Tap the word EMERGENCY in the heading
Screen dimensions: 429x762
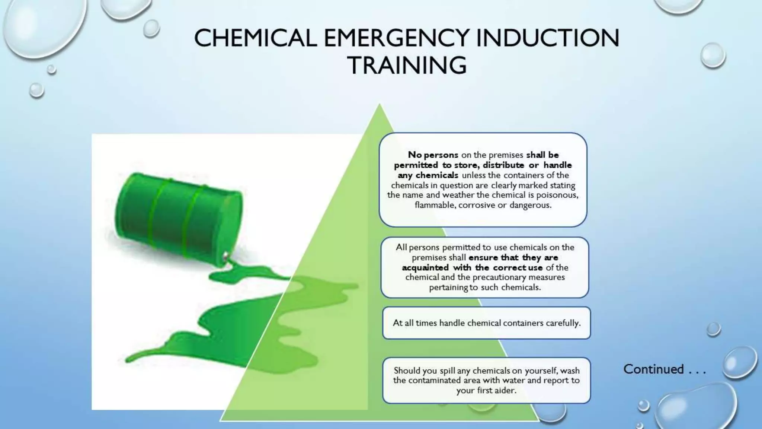click(x=396, y=38)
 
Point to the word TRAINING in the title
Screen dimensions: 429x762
click(x=407, y=66)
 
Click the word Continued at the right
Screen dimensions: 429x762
click(x=654, y=369)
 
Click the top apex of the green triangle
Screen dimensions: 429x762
click(x=380, y=105)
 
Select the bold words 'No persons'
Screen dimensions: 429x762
click(x=433, y=155)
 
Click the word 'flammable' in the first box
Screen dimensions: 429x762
click(x=434, y=205)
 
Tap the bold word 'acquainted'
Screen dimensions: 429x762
click(x=425, y=267)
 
